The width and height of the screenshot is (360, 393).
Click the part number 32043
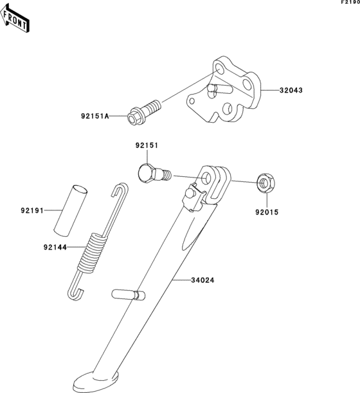point(291,91)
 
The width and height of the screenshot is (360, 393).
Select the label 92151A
point(94,116)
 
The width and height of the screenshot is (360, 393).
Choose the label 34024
point(203,280)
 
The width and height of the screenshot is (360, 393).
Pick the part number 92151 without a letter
point(146,146)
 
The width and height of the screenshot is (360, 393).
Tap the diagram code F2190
point(350,3)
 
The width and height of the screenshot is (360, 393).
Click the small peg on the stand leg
point(127,295)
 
